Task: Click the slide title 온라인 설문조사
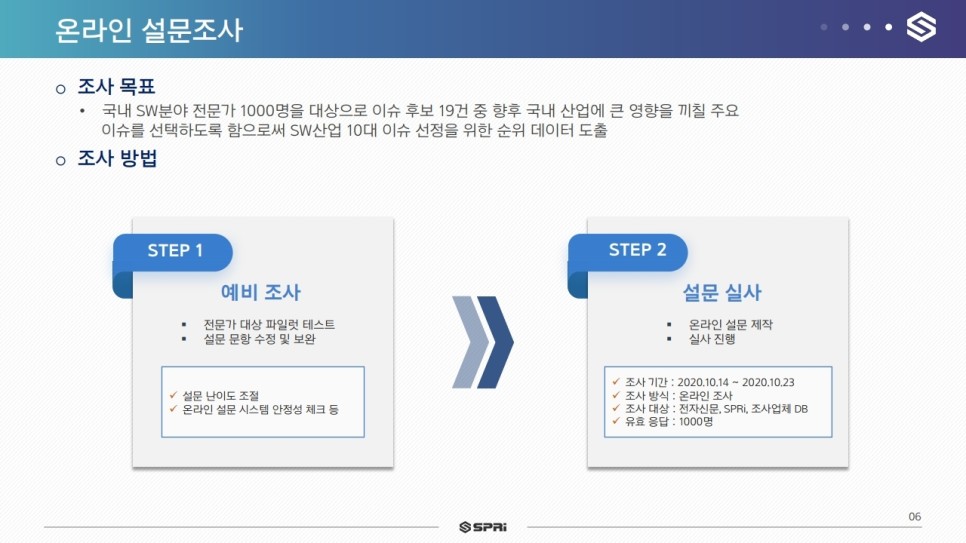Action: tap(149, 30)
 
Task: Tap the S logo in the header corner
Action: tap(921, 27)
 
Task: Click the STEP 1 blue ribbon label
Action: tap(172, 252)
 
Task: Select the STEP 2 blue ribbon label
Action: tap(628, 252)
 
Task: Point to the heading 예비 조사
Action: tap(261, 292)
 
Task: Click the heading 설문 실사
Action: tap(721, 292)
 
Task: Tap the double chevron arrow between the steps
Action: tap(482, 342)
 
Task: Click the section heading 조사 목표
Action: tap(116, 86)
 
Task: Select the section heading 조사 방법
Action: tap(117, 158)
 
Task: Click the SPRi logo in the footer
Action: tap(483, 527)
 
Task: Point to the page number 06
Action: tap(915, 516)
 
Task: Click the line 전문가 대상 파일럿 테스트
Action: tap(269, 324)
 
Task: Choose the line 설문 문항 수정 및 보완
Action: tap(259, 339)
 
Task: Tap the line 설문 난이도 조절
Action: tap(221, 396)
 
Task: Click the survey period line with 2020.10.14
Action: tap(710, 382)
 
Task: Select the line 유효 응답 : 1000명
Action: tap(669, 422)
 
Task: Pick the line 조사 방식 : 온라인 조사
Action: tap(679, 396)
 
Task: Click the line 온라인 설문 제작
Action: tap(730, 324)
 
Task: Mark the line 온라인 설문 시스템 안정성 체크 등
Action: tap(261, 409)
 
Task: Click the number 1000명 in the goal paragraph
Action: tap(272, 111)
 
